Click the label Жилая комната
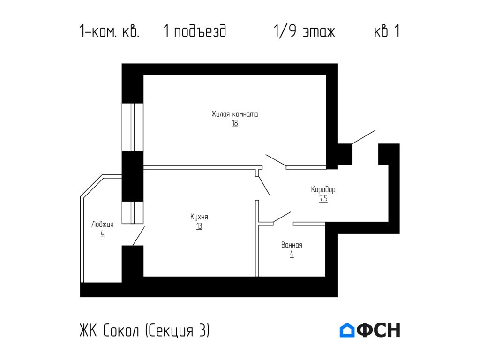click(x=234, y=114)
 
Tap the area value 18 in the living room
click(x=234, y=124)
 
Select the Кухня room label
click(x=199, y=217)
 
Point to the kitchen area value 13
click(x=199, y=226)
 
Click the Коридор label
click(x=323, y=190)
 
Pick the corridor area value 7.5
click(x=323, y=199)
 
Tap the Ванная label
click(x=292, y=245)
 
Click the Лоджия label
click(x=102, y=224)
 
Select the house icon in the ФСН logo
click(x=347, y=330)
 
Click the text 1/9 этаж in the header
click(x=304, y=31)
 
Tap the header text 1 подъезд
click(x=195, y=31)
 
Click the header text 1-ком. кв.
click(x=109, y=31)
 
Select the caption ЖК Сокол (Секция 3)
click(x=144, y=330)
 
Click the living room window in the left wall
click(x=132, y=127)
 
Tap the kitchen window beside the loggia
click(x=132, y=212)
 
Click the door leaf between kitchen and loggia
click(x=139, y=236)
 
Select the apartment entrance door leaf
click(x=364, y=137)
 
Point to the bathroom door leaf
click(x=282, y=217)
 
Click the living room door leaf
click(x=276, y=160)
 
